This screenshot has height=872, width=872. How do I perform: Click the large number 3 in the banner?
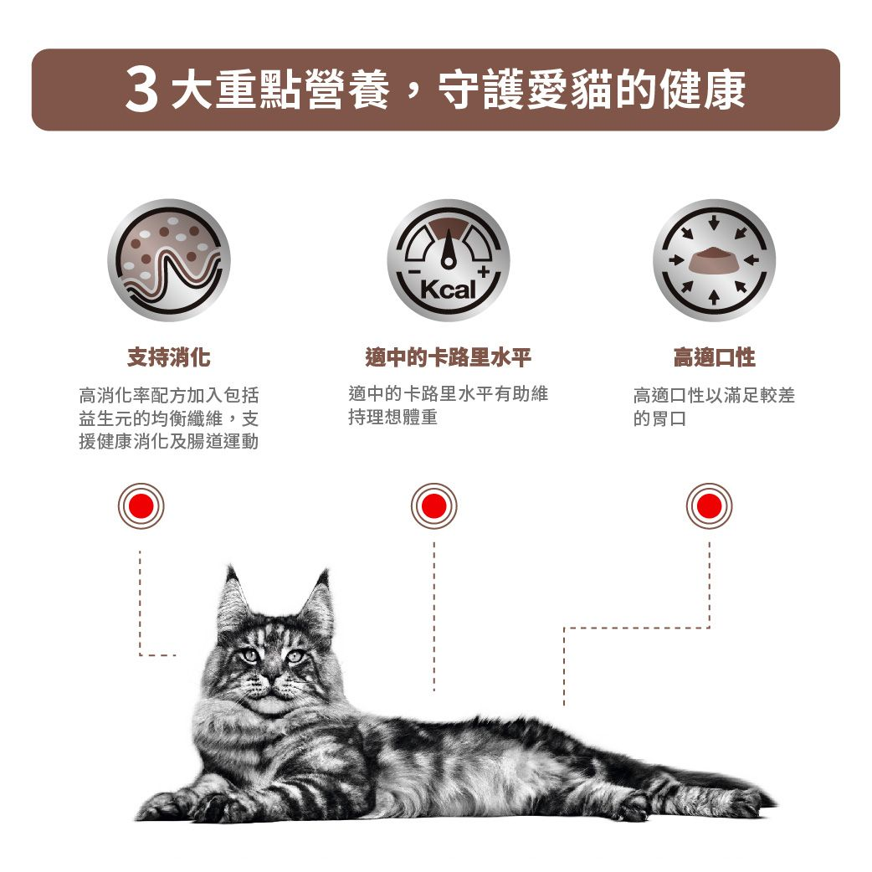point(141,90)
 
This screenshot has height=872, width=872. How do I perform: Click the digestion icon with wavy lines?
point(168,260)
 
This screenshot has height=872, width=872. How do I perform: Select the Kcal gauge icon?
point(448,260)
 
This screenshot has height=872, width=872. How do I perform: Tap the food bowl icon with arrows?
point(713,260)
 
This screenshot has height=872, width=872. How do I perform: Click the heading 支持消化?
point(168,358)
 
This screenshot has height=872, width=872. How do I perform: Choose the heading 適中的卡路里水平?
point(448,358)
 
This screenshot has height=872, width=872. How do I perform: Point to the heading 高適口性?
point(713,358)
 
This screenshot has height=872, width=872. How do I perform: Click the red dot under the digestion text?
point(141,505)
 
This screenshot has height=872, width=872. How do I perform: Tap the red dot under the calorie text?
point(433,505)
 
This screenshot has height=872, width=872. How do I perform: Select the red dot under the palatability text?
point(709,505)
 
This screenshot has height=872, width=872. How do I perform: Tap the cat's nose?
point(271,680)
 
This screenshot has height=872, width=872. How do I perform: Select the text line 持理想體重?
point(392,417)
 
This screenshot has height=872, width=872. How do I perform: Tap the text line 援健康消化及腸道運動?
point(168,441)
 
